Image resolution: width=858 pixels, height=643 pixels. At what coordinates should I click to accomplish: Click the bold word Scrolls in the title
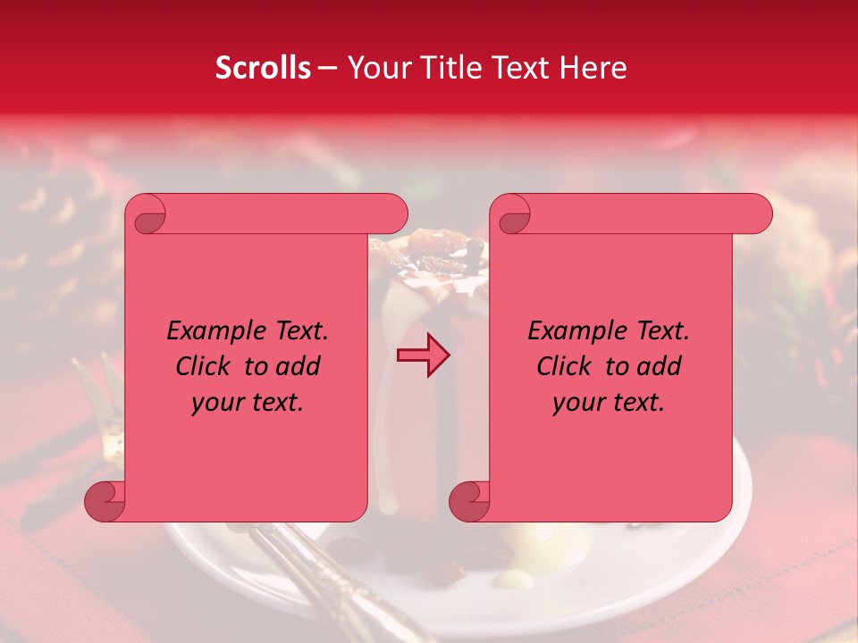click(263, 68)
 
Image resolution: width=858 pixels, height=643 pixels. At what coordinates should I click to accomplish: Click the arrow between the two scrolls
click(424, 355)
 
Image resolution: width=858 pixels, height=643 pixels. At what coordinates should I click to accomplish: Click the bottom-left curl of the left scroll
click(105, 501)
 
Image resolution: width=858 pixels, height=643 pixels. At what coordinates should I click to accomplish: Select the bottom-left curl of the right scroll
click(469, 501)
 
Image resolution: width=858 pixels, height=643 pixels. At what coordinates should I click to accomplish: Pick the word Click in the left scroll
click(205, 366)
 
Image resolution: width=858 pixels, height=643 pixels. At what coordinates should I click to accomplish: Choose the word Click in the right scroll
click(565, 366)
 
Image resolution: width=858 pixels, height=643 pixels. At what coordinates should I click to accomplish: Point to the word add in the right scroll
click(660, 366)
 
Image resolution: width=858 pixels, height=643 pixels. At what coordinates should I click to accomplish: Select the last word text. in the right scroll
click(637, 403)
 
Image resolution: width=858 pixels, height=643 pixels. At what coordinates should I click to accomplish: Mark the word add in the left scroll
click(299, 366)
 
